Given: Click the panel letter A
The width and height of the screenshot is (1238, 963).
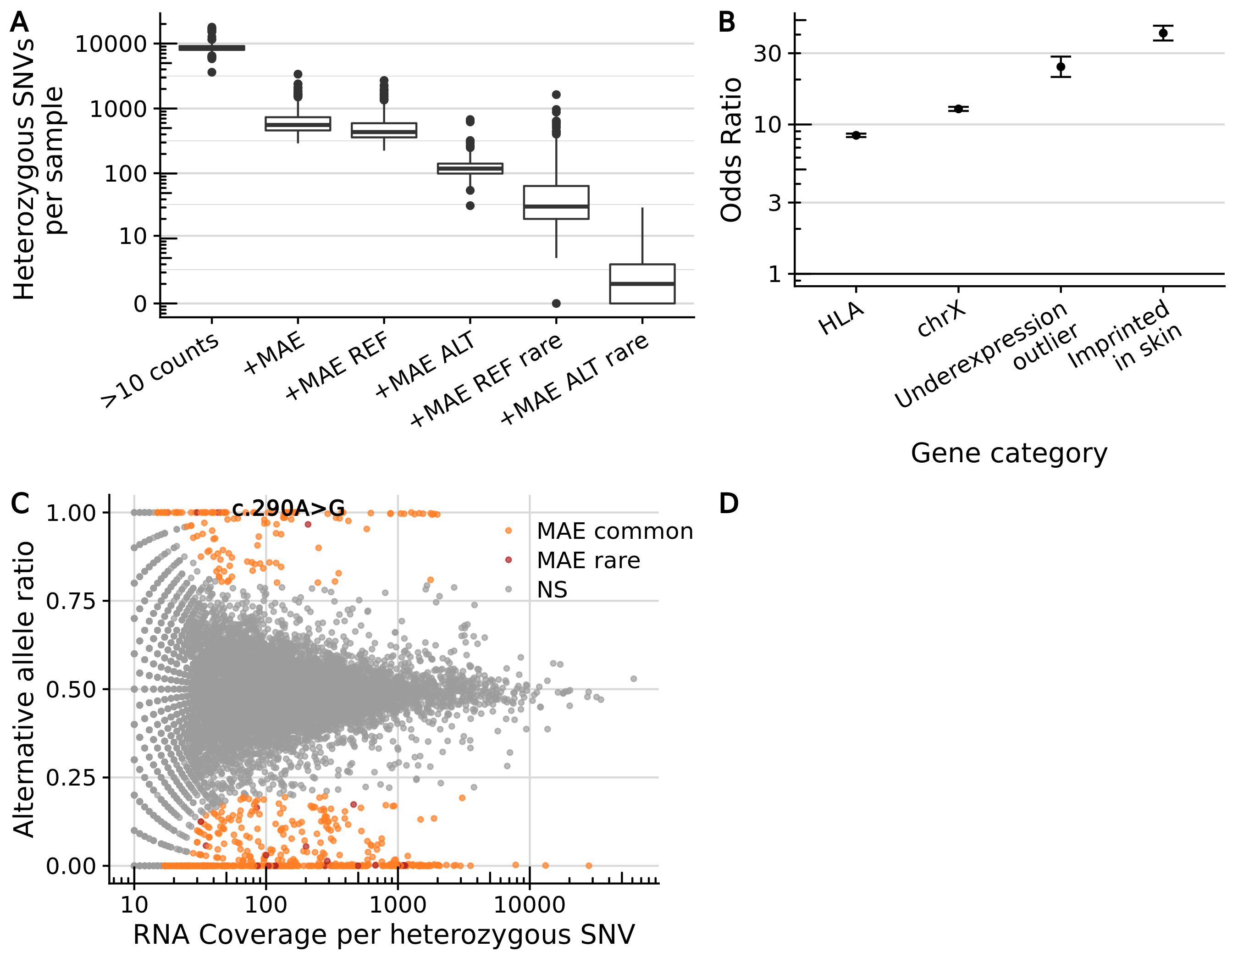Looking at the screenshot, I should tap(19, 22).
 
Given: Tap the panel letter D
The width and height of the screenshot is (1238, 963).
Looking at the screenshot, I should tap(729, 504).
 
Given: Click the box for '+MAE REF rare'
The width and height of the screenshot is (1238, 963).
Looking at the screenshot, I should tap(556, 202).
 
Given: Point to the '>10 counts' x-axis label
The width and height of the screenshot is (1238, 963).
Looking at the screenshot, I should tap(160, 369).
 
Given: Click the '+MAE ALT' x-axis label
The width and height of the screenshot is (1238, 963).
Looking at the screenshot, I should tap(425, 364).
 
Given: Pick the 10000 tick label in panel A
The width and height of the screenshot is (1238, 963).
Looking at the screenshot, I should tap(111, 44).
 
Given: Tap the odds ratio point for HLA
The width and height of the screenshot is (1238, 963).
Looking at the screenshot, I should tap(856, 135).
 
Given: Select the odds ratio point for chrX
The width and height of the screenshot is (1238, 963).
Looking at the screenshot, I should tap(958, 109).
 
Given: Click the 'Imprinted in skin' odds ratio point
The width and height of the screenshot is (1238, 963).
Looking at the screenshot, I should tap(1163, 33).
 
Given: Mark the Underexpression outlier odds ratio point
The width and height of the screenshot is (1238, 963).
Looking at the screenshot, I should tap(1061, 67).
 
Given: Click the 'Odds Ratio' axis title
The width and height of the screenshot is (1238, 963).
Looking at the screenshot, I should tap(731, 150).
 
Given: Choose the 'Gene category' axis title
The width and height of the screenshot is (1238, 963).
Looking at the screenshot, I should tap(1009, 454).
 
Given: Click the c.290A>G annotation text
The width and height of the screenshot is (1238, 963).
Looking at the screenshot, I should tap(288, 508).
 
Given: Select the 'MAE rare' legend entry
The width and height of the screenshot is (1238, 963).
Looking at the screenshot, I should tap(588, 560).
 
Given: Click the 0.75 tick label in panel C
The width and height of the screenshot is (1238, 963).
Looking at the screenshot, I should tap(71, 601).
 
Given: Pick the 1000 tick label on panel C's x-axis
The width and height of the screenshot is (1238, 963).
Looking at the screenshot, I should tap(398, 905).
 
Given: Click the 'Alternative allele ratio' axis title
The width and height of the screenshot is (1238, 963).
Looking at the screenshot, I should tap(24, 689).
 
